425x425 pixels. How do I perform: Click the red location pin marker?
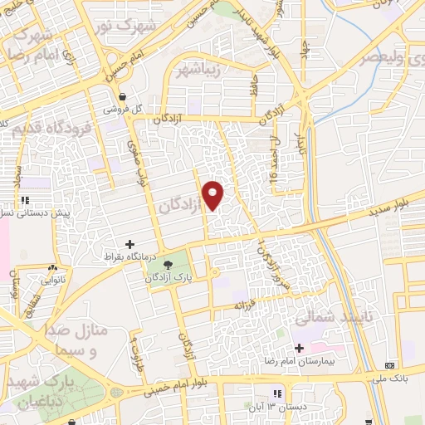[x=214, y=195]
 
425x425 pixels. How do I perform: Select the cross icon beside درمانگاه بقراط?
[x=129, y=244]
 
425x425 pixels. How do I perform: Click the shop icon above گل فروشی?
[x=122, y=95]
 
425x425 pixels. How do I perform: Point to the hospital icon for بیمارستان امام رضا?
[x=297, y=347]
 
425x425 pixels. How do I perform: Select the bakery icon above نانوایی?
[x=52, y=268]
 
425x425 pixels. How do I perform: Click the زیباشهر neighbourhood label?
[x=200, y=69]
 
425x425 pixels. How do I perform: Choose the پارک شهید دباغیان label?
[x=51, y=392]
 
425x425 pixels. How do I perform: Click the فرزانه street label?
[x=247, y=307]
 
